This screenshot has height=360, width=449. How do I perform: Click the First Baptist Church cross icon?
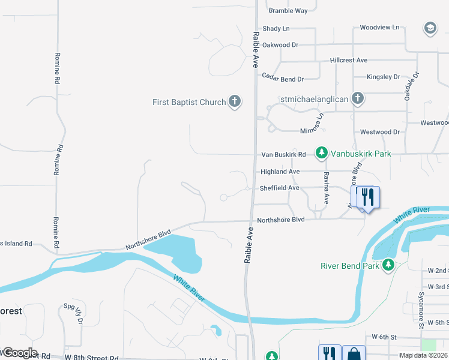tap(234, 102)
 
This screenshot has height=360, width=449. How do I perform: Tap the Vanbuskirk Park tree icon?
tap(322, 154)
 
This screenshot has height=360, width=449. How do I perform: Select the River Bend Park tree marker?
tap(388, 265)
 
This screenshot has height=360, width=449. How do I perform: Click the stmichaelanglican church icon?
tap(358, 98)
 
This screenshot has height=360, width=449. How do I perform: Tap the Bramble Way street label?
tap(288, 11)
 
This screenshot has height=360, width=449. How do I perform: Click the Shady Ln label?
tap(276, 28)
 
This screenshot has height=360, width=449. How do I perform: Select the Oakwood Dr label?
tap(280, 44)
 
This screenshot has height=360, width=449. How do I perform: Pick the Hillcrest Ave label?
tap(349, 61)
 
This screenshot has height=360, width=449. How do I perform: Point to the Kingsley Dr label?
tap(384, 77)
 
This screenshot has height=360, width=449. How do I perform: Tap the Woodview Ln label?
tap(379, 28)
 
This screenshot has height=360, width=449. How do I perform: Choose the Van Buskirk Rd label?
tap(283, 154)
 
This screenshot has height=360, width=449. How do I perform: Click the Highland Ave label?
tap(280, 172)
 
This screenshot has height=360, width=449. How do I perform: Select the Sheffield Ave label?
tap(279, 188)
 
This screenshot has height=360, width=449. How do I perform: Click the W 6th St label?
tap(385, 337)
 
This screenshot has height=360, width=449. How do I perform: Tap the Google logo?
tap(19, 353)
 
